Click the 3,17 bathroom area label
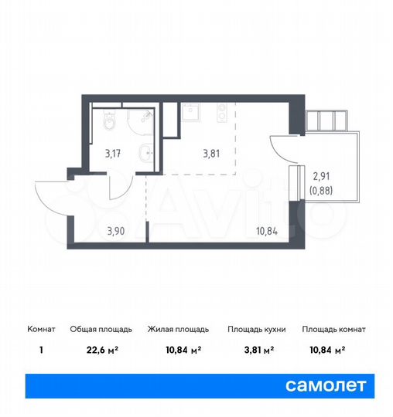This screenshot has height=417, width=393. [113, 151]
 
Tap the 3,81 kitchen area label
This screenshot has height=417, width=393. [211, 152]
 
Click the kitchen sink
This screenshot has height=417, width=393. [190, 113]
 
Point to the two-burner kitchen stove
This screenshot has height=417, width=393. [222, 114]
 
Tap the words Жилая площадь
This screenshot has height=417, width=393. [175, 329]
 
